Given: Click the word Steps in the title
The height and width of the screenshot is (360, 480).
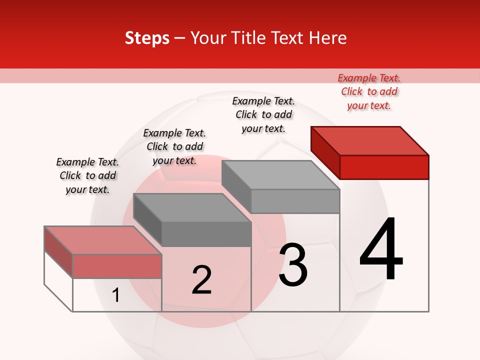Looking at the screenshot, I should pos(147,38).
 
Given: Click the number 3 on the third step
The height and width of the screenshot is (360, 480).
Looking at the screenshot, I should pos(293,265).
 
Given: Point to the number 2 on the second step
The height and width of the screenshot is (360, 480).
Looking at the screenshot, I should pos(201,280).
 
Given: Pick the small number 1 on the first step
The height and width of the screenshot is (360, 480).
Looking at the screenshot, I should pos(116,295).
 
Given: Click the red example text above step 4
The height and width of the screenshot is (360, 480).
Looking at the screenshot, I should pos(369,91).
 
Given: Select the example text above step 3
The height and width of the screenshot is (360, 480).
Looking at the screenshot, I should pos(263,114).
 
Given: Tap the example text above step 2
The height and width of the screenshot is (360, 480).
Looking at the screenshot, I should pos(174,146).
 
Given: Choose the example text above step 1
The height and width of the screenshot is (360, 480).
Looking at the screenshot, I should pos(87,175).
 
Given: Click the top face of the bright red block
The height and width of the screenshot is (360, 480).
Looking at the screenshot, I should pos(370,140).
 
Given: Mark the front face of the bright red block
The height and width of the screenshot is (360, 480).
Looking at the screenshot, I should pos(384,167).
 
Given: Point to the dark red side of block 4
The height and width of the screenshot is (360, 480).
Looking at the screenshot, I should pos(325,152).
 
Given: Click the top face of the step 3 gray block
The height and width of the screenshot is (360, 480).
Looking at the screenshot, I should pos(280,175).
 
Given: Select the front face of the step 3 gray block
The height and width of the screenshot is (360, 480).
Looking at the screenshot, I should pos(295,201).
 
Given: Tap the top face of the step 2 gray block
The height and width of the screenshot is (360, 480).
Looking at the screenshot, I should pos(192,208).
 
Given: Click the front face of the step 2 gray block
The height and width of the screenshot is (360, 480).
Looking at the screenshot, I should pos(206,234).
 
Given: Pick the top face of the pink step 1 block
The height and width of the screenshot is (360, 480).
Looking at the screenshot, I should pos(103,240).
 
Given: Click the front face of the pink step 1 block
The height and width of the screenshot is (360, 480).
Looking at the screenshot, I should pos(117,266).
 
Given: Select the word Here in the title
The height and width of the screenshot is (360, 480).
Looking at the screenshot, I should pos(328,38).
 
